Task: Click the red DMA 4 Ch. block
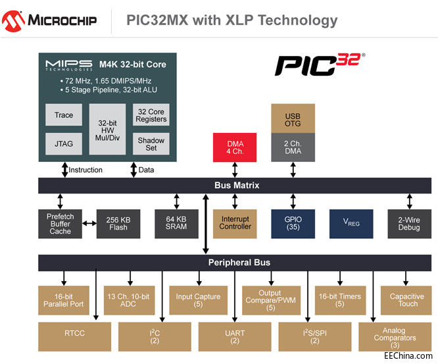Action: click(235, 148)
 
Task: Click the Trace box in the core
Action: click(64, 115)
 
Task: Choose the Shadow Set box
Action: click(151, 144)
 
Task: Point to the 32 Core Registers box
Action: click(151, 115)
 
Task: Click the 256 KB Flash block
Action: click(118, 224)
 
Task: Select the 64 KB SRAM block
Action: click(176, 224)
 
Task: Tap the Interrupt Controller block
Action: click(235, 224)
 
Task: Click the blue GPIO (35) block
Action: click(293, 224)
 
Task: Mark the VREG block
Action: click(351, 224)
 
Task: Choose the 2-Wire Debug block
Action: click(409, 224)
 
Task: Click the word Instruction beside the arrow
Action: click(86, 170)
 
